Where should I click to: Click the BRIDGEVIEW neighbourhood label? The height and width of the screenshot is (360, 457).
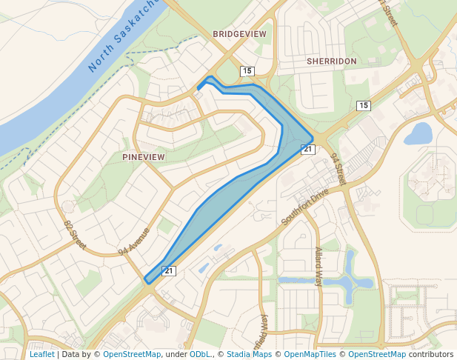click(x=238, y=34)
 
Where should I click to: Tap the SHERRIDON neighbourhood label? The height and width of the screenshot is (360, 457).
click(x=332, y=61)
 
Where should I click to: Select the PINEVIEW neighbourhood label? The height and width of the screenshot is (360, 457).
click(x=144, y=157)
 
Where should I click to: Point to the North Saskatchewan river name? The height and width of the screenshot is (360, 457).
click(x=124, y=36)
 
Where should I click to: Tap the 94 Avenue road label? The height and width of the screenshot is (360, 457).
click(x=133, y=241)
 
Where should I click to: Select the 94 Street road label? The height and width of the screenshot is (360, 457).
click(x=338, y=169)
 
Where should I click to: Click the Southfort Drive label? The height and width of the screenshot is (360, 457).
click(x=304, y=207)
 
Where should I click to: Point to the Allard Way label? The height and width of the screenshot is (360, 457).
click(x=319, y=266)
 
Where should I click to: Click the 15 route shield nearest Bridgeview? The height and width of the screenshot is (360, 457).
click(x=247, y=71)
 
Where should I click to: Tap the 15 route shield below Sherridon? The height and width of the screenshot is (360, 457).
click(x=363, y=106)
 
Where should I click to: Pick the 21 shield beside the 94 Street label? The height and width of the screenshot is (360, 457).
click(x=308, y=150)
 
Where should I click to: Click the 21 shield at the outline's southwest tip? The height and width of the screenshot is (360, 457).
click(x=169, y=271)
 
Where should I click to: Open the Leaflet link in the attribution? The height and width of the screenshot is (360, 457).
click(x=41, y=354)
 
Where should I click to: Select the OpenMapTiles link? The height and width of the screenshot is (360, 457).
click(x=311, y=354)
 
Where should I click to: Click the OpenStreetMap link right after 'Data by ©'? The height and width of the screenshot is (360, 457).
click(x=132, y=354)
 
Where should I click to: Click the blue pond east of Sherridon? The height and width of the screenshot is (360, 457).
click(x=418, y=134)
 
